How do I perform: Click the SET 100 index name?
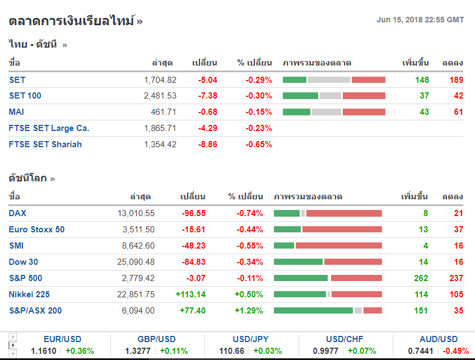click(25, 96)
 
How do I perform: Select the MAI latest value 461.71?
click(163, 112)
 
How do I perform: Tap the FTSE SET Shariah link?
click(45, 144)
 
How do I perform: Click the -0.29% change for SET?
click(258, 80)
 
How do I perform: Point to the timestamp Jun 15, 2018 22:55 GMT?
click(420, 20)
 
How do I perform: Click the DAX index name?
click(17, 213)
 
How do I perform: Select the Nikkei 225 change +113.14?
click(190, 294)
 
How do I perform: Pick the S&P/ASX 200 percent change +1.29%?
click(249, 311)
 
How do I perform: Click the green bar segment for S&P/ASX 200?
click(313, 311)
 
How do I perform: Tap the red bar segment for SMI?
click(338, 246)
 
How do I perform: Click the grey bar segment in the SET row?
click(329, 80)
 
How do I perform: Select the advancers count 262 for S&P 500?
click(421, 278)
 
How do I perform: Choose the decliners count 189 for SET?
click(456, 80)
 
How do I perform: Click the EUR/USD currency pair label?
click(62, 339)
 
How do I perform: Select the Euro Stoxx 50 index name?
click(36, 230)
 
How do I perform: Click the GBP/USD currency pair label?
click(156, 339)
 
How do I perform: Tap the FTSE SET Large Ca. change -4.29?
click(207, 128)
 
